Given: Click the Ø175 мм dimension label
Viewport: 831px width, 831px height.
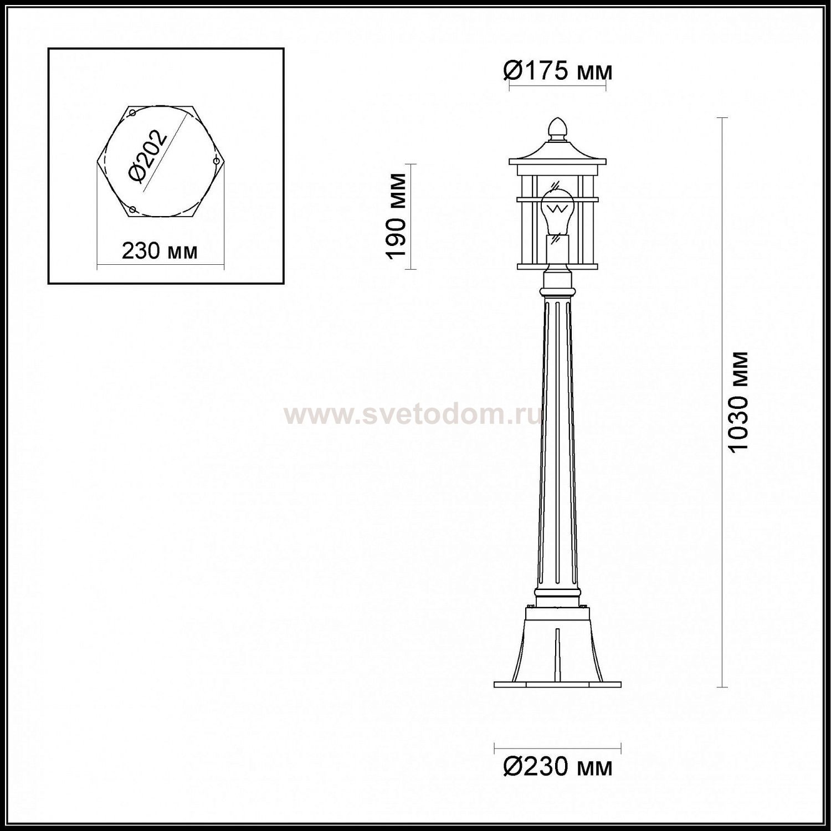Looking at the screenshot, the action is (x=557, y=71).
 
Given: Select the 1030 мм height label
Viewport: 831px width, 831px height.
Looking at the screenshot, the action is (x=738, y=403).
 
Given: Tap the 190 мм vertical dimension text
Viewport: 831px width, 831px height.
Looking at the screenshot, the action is (x=397, y=216).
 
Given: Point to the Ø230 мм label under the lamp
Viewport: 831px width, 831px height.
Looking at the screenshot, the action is (x=557, y=767).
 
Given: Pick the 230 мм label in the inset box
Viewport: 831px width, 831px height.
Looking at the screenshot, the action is (x=160, y=252).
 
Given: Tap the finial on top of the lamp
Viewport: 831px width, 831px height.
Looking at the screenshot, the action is (x=557, y=127).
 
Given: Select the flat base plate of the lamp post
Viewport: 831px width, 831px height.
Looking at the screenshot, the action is (x=557, y=684).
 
